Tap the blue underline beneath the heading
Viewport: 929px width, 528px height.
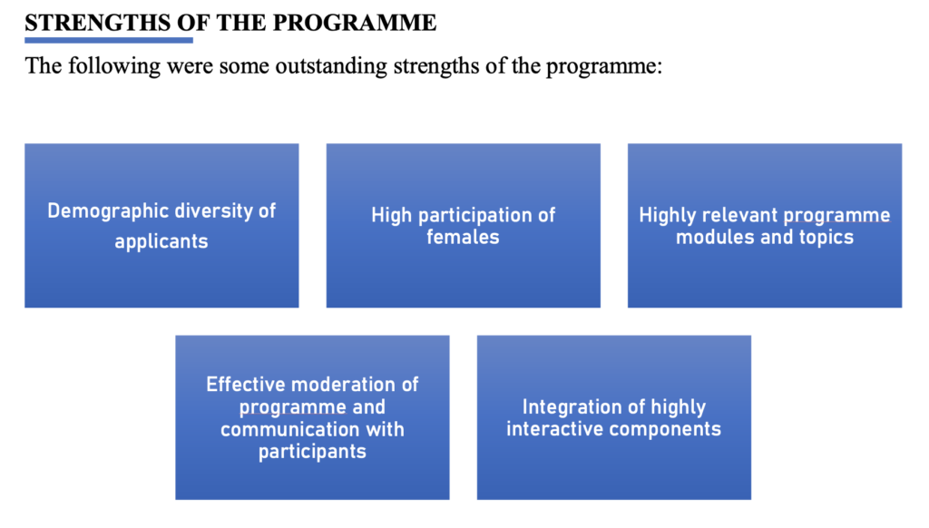(x=109, y=40)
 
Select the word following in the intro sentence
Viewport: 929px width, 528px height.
(x=113, y=66)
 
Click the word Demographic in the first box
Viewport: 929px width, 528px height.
(x=100, y=211)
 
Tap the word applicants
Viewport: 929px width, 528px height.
(x=161, y=242)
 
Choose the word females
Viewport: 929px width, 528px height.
(x=463, y=237)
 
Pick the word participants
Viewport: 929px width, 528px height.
(x=312, y=452)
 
